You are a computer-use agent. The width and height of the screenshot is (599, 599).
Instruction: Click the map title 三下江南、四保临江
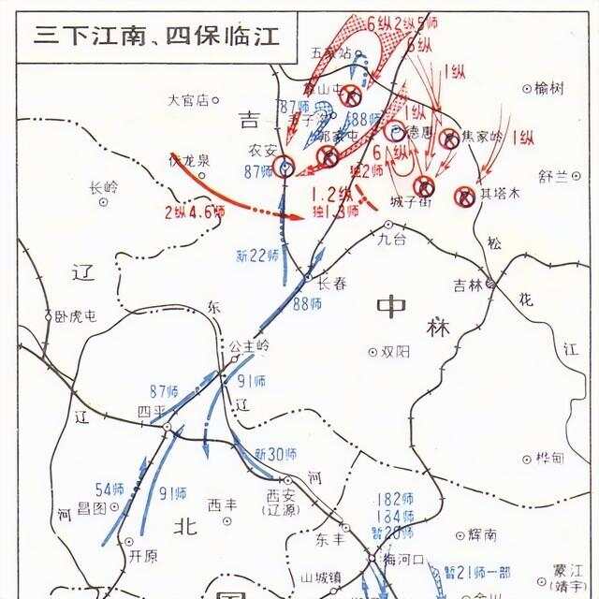(155, 36)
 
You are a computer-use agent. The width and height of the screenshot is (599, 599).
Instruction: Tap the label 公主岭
(249, 345)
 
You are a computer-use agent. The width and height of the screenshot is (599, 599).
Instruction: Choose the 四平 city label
(150, 411)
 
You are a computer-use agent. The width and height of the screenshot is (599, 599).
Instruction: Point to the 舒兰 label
(554, 176)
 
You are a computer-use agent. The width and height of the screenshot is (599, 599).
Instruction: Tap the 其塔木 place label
(499, 195)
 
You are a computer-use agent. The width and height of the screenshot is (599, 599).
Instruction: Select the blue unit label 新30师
(276, 454)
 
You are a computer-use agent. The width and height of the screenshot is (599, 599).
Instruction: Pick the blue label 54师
(110, 489)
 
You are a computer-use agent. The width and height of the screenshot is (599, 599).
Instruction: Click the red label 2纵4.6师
(194, 212)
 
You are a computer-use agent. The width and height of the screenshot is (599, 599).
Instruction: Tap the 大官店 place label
(187, 99)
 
